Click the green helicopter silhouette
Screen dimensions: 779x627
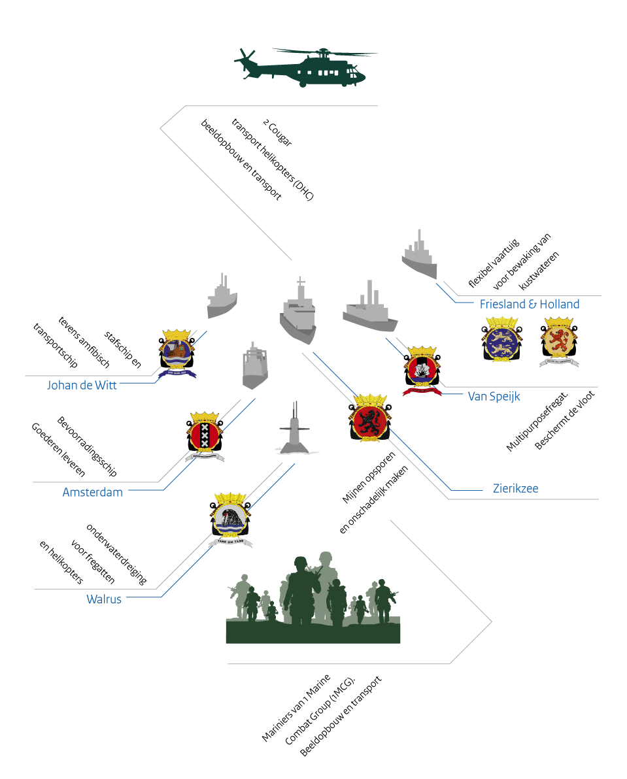coord(307,68)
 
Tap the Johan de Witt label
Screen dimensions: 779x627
coord(82,385)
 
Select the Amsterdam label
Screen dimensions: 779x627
coord(92,492)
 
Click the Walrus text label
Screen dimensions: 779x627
coord(104,599)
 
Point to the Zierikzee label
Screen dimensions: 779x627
coord(515,488)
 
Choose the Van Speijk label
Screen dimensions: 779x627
coord(494,395)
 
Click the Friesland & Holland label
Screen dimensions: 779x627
coord(529,304)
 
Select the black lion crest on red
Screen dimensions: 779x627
coord(369,419)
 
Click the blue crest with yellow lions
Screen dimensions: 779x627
coord(501,340)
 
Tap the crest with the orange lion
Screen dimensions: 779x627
coord(559,342)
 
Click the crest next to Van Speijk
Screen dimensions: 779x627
coord(422,370)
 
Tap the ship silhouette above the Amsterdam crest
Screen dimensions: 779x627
coord(255,366)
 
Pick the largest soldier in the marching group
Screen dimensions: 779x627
coord(301,588)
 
